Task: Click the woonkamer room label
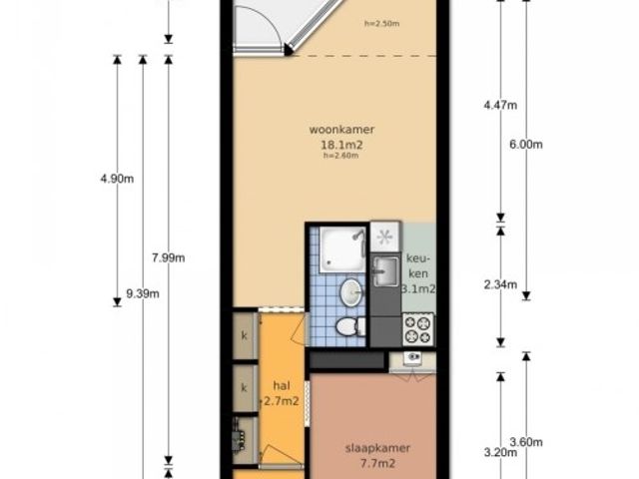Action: pos(341,130)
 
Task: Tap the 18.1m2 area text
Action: pos(342,145)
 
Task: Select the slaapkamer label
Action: pos(377,448)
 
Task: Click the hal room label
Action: pos(282,385)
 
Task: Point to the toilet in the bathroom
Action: pos(350,326)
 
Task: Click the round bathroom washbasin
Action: pos(351,291)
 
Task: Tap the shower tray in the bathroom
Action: pos(342,249)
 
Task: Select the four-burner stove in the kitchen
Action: pos(418,329)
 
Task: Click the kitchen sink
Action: pos(385,270)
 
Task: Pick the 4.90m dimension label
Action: pos(117,179)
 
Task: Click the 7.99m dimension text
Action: pos(169,257)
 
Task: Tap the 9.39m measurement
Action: pos(143,293)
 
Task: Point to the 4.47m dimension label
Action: pos(500,105)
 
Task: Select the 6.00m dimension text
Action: pos(526,144)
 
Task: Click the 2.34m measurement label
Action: pos(500,284)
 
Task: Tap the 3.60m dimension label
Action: pos(526,442)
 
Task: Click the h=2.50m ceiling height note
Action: pos(381,24)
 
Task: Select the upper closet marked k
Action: pos(244,336)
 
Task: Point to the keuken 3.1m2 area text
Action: pos(418,288)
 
